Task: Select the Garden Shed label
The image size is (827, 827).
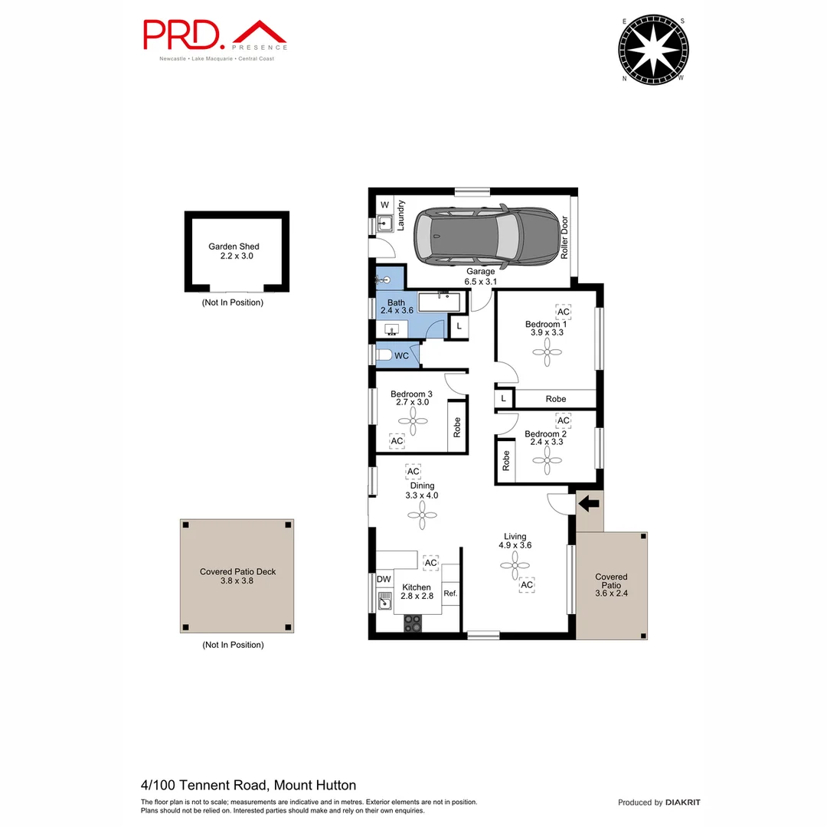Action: (234, 247)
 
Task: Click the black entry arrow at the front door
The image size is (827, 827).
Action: (588, 504)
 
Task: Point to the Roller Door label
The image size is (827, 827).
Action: (565, 237)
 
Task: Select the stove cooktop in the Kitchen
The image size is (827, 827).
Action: (413, 623)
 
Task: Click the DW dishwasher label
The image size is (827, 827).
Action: (384, 579)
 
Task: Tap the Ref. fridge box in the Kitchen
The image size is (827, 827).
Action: (450, 593)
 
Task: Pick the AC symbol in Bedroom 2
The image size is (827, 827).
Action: (563, 420)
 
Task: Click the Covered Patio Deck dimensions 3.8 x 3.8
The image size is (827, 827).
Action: (237, 581)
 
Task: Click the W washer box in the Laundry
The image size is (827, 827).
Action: (384, 205)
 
